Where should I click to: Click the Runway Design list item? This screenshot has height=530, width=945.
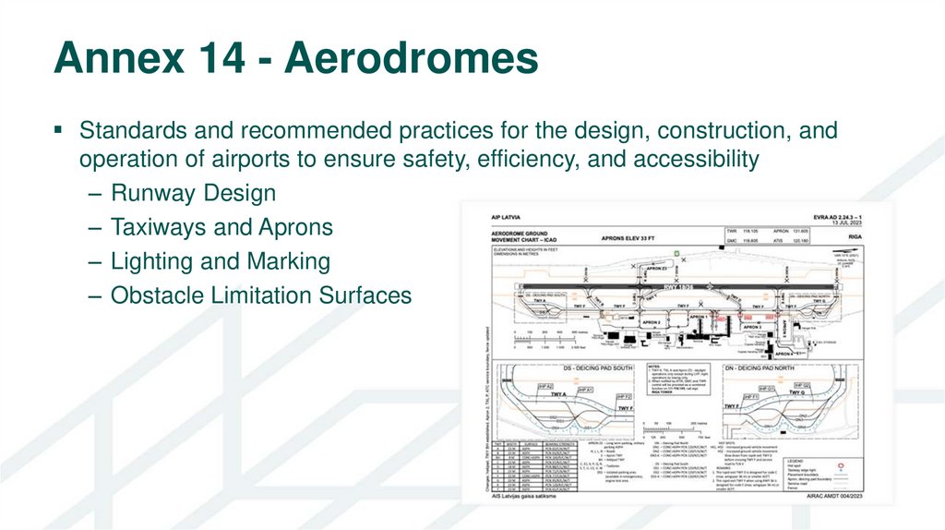tap(193, 193)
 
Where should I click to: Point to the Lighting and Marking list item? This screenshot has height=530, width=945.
tap(220, 261)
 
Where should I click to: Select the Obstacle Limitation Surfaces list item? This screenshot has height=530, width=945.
tap(261, 295)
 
